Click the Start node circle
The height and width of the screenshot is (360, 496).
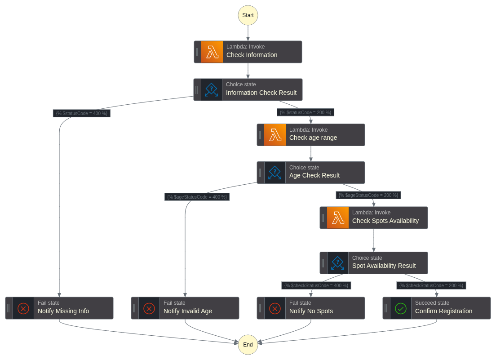point(248,15)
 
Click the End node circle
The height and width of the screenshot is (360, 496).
point(248,345)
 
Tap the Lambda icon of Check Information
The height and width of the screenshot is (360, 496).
point(212,52)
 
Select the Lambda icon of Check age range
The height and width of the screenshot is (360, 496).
point(275,135)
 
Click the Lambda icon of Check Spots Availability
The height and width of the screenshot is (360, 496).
point(338,218)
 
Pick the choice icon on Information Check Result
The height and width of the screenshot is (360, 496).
point(212,90)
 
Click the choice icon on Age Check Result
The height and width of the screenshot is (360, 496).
point(275,173)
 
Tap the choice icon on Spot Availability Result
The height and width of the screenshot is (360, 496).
point(338,263)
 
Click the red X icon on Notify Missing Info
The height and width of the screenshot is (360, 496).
point(23,308)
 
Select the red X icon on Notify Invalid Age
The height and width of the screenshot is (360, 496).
point(149,308)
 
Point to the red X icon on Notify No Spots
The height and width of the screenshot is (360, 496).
point(275,308)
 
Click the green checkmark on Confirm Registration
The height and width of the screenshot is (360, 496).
point(401,308)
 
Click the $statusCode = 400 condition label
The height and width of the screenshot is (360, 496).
point(81,113)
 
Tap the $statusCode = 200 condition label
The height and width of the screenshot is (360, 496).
point(306,112)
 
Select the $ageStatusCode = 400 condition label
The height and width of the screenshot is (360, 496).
point(197,197)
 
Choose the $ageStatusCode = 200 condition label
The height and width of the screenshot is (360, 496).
point(368,195)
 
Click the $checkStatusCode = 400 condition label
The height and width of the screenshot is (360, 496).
point(316,285)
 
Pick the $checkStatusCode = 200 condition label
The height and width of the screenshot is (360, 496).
point(431,285)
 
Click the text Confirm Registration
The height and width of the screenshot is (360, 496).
point(443,311)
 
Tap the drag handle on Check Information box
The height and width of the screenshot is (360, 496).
point(197,52)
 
